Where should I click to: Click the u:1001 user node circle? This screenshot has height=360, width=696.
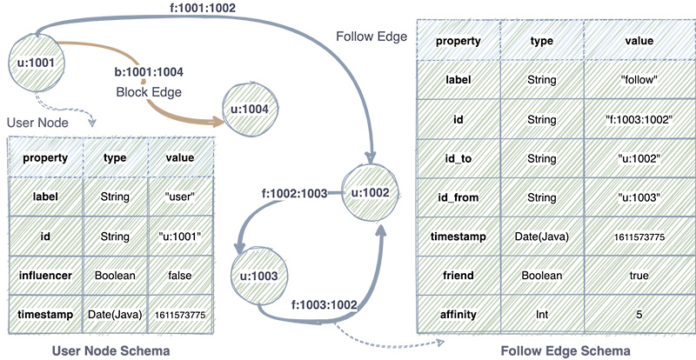pyautogui.click(x=37, y=64)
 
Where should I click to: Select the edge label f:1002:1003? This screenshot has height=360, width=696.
pyautogui.click(x=294, y=194)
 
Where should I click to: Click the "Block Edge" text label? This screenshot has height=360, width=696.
pyautogui.click(x=149, y=92)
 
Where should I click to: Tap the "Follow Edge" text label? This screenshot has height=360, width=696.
pyautogui.click(x=371, y=37)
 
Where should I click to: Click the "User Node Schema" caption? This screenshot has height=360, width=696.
pyautogui.click(x=111, y=351)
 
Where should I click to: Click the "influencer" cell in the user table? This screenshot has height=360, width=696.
pyautogui.click(x=46, y=275)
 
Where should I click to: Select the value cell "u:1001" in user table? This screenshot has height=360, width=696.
pyautogui.click(x=181, y=237)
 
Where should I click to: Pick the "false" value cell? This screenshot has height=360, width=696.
pyautogui.click(x=181, y=275)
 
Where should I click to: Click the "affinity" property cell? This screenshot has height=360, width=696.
pyautogui.click(x=458, y=315)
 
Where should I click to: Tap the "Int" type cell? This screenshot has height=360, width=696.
pyautogui.click(x=542, y=315)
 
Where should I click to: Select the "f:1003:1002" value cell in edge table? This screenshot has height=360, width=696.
pyautogui.click(x=639, y=119)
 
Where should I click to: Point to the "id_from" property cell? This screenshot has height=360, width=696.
pyautogui.click(x=458, y=197)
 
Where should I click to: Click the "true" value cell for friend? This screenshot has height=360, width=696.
pyautogui.click(x=639, y=276)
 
